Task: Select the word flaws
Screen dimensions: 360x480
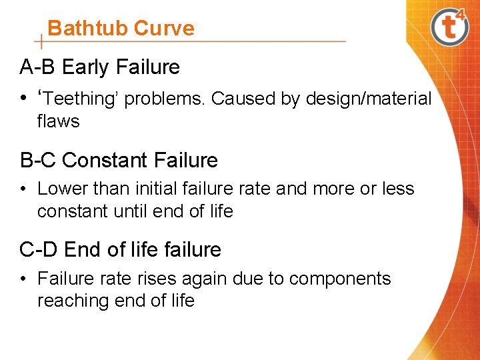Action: [59, 121]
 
